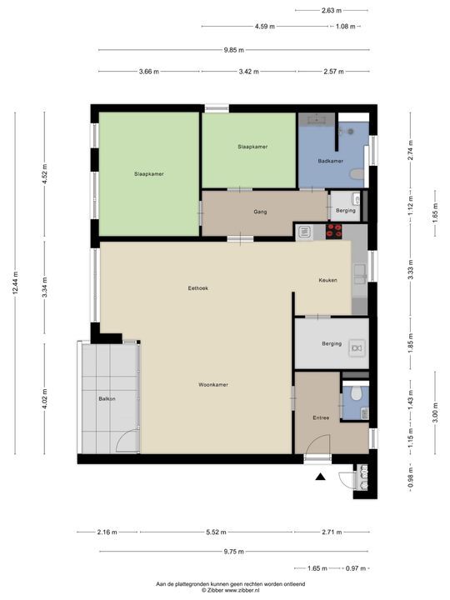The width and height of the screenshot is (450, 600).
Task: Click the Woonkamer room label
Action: click(x=213, y=384)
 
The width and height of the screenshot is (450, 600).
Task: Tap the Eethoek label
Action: click(x=198, y=288)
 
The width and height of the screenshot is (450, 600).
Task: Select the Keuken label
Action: click(x=328, y=280)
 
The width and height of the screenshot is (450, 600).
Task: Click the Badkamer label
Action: click(x=331, y=161)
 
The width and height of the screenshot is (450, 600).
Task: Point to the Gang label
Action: click(x=260, y=212)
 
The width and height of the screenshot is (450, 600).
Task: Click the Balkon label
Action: click(x=107, y=398)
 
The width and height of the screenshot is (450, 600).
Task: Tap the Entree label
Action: click(x=321, y=417)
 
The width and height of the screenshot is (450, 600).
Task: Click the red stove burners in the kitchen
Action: click(x=333, y=232)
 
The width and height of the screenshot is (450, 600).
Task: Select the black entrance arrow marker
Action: click(x=320, y=477)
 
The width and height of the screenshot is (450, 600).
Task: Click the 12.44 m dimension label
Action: click(x=15, y=282)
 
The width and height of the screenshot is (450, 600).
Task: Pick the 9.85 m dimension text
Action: click(x=234, y=50)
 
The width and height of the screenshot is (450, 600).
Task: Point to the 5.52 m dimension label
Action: click(x=216, y=532)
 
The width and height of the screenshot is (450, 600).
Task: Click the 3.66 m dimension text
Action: click(x=149, y=71)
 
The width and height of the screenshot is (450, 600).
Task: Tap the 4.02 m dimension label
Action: click(x=44, y=399)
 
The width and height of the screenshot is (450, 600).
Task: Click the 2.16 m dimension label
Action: click(x=107, y=532)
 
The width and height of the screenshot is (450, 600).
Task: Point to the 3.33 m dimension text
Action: click(x=411, y=270)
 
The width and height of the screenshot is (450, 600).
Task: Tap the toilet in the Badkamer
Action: click(x=357, y=174)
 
